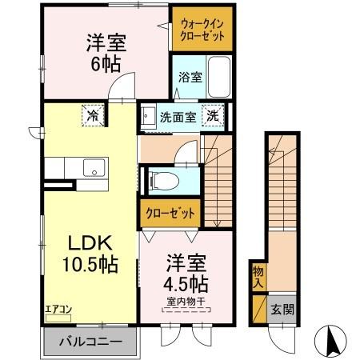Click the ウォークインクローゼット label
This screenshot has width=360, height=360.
tap(201, 30)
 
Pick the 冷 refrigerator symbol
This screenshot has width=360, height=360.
tap(92, 115)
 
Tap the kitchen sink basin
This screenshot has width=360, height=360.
tap(94, 169)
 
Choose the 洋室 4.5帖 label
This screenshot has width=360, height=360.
tap(187, 273)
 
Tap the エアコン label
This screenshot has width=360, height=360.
tap(57, 308)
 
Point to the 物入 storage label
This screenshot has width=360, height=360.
tap(258, 275)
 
